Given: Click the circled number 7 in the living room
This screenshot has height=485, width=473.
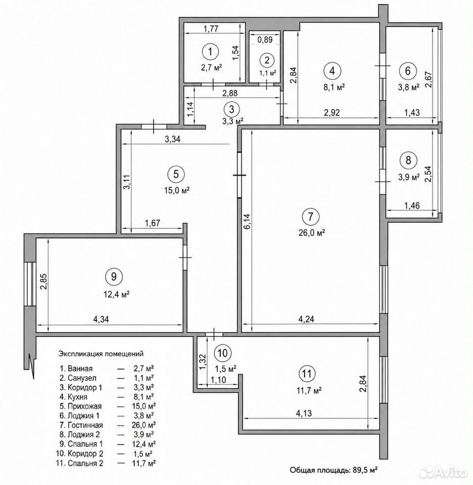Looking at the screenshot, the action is [x=310, y=216].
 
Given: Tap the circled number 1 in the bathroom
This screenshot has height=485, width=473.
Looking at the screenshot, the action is [x=210, y=52].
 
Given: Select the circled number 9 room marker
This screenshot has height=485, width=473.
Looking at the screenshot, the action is [x=114, y=276].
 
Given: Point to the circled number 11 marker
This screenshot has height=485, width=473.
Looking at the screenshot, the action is [x=307, y=374].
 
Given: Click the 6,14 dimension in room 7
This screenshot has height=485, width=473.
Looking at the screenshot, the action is [x=248, y=222].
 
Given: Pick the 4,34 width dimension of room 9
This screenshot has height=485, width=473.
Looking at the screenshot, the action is [x=101, y=319].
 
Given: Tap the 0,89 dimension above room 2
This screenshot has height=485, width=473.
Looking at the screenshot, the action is [x=265, y=39].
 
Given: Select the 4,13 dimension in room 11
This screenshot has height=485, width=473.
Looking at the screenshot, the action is [x=304, y=413].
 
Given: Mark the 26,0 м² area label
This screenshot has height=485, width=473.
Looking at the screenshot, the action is [x=311, y=232].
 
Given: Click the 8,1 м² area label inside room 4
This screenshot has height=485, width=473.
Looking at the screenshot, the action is [x=334, y=87].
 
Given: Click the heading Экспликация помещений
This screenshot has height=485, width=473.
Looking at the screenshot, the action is [x=101, y=353].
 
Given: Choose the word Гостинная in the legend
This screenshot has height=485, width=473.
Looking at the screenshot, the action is [x=85, y=425].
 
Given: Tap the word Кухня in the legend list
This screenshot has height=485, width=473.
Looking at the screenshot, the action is [x=77, y=397].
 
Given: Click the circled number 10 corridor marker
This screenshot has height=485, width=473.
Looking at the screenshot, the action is [x=222, y=353].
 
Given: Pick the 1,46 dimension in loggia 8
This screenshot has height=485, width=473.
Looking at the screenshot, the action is [x=412, y=206].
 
